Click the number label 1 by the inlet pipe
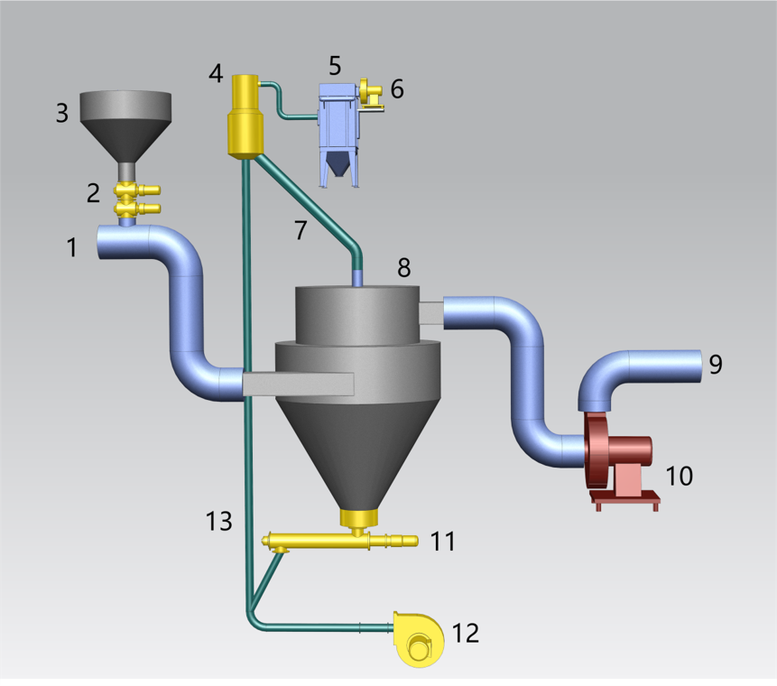(x=72, y=247)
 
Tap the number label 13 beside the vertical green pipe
(x=218, y=521)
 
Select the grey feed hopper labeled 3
(x=125, y=122)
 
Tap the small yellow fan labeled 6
(x=369, y=91)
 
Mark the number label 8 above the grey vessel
(x=403, y=267)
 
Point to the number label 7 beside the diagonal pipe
(x=301, y=229)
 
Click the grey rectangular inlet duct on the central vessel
(x=298, y=384)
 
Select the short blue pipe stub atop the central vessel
(x=358, y=277)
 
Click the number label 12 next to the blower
(x=465, y=633)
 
